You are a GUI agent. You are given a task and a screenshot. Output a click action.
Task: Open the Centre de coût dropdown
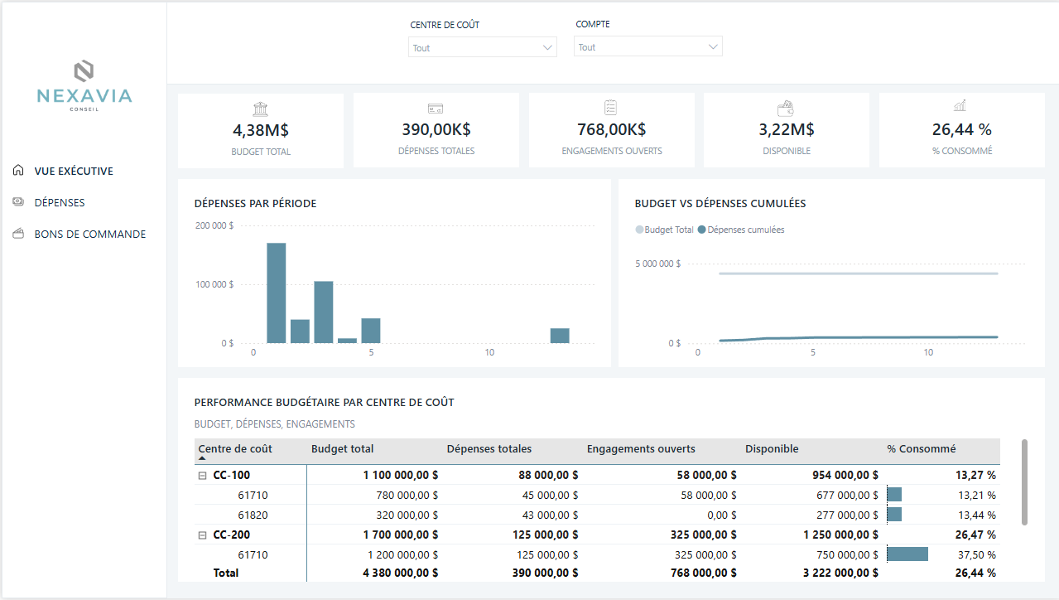pyautogui.click(x=483, y=48)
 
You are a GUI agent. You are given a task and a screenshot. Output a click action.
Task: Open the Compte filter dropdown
pyautogui.click(x=647, y=47)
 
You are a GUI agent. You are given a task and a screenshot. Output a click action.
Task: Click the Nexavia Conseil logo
pyautogui.click(x=84, y=84)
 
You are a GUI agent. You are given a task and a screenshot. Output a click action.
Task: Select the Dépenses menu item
pyautogui.click(x=59, y=202)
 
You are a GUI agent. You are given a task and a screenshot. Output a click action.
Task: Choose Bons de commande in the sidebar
pyautogui.click(x=89, y=234)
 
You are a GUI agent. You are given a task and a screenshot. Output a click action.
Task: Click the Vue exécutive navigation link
pyautogui.click(x=73, y=171)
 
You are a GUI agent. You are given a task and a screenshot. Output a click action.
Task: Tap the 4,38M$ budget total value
pyautogui.click(x=261, y=129)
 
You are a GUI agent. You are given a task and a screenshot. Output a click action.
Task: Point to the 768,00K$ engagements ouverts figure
pyautogui.click(x=611, y=129)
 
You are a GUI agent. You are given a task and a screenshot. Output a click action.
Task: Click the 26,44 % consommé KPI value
pyautogui.click(x=961, y=129)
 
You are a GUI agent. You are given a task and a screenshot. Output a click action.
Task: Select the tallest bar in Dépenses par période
pyautogui.click(x=277, y=293)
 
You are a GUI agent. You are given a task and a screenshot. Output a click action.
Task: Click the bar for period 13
pyautogui.click(x=560, y=336)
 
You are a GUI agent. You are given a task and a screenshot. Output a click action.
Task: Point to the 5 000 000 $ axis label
pyautogui.click(x=657, y=264)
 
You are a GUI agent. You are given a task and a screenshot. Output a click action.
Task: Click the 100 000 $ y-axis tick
pyautogui.click(x=214, y=284)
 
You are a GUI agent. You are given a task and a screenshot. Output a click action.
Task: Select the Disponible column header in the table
pyautogui.click(x=772, y=449)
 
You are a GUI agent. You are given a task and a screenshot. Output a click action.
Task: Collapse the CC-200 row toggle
pyautogui.click(x=202, y=535)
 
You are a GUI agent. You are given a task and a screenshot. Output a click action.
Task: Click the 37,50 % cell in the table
pyautogui.click(x=977, y=554)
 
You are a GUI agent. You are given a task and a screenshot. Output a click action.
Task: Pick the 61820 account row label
pyautogui.click(x=253, y=515)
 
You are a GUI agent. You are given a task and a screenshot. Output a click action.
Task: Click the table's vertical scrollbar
pyautogui.click(x=1025, y=481)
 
